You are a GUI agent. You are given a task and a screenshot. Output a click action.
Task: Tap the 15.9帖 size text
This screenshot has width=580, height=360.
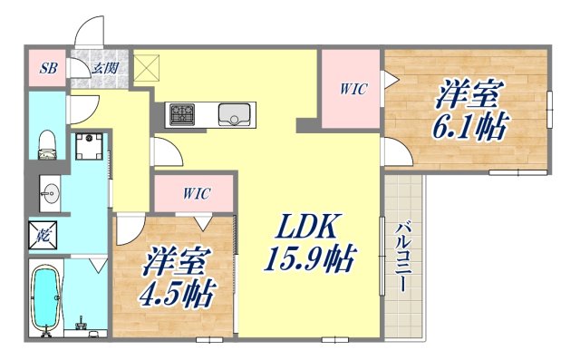click(x=309, y=261)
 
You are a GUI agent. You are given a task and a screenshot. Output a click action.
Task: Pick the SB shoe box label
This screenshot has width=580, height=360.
click(x=46, y=68)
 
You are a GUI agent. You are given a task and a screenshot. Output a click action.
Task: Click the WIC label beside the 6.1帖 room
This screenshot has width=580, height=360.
click(x=353, y=89)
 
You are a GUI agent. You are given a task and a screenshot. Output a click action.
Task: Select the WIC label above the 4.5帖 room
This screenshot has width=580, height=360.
click(x=195, y=193)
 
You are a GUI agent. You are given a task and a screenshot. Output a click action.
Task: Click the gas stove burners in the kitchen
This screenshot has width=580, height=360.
click(x=181, y=114)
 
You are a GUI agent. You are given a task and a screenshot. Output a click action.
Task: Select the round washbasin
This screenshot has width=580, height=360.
click(x=50, y=193)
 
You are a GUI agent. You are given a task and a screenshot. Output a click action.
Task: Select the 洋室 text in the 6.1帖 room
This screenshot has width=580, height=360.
click(x=470, y=94)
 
